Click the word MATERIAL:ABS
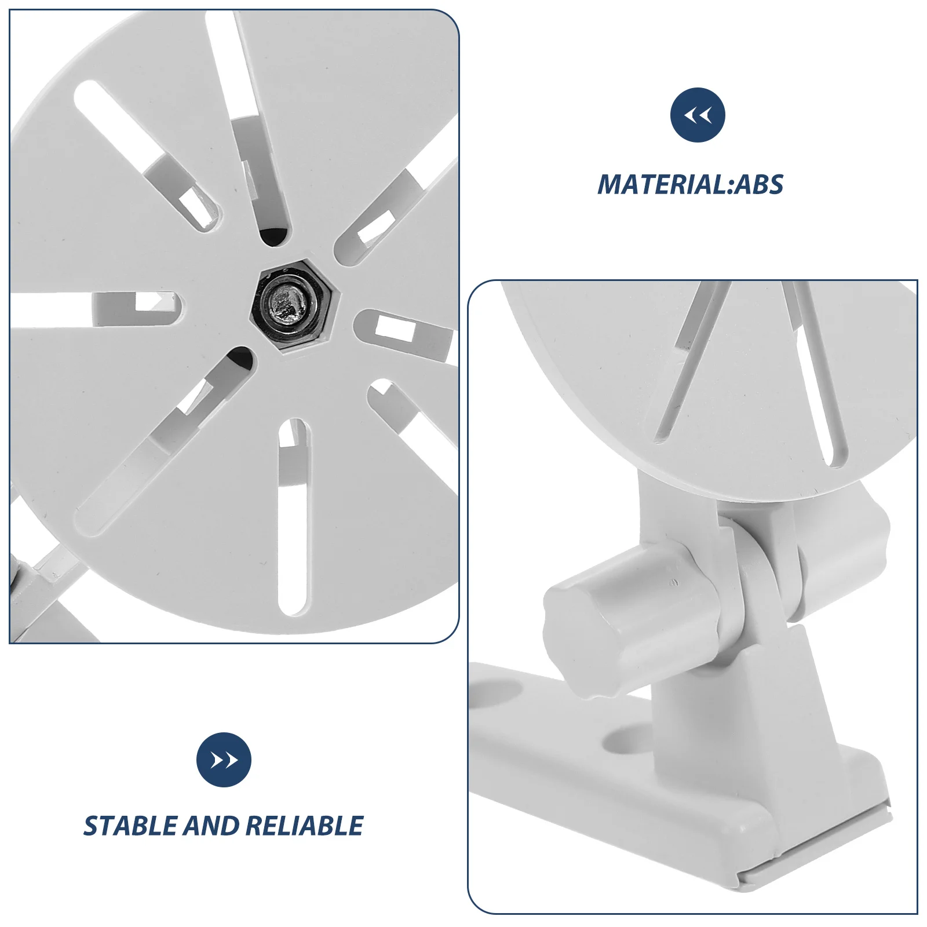(690, 185)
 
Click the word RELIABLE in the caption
(304, 826)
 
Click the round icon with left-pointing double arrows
(698, 115)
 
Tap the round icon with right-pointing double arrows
(224, 760)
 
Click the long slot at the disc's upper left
(145, 156)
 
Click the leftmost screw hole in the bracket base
(497, 694)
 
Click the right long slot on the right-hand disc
(816, 374)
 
